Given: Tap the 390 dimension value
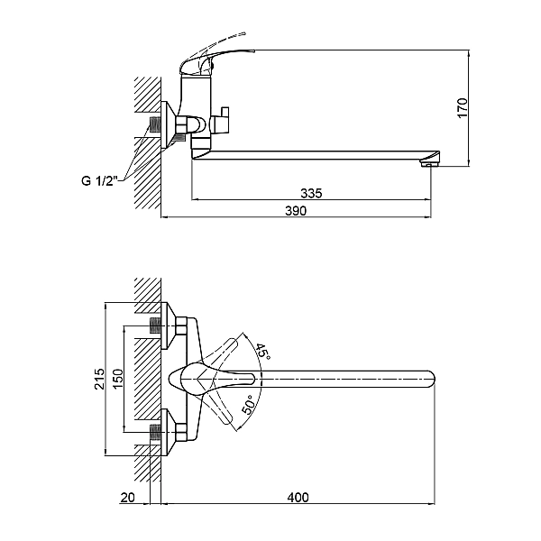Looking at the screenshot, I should [296, 211].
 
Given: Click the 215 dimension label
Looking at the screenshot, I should [100, 381].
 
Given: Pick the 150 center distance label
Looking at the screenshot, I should [116, 380].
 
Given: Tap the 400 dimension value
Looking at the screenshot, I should [298, 497].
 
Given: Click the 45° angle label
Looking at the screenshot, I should [261, 352].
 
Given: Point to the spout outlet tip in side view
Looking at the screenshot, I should [432, 162].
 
